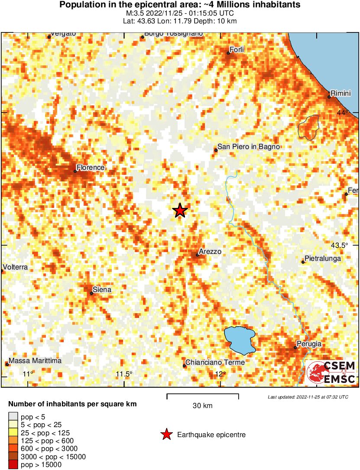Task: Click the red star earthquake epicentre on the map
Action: (180, 211)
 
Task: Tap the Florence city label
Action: (91, 167)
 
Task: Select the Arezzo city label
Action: (210, 251)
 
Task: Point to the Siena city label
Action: (102, 289)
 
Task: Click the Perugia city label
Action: (310, 344)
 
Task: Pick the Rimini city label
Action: (340, 93)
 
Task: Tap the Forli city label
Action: (237, 50)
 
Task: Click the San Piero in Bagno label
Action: (249, 147)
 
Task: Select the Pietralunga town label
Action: (323, 259)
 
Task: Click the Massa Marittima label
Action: (35, 360)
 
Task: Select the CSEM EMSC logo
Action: (331, 373)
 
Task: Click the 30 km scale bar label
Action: (202, 406)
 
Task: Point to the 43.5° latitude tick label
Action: (340, 245)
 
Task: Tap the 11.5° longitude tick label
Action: (124, 374)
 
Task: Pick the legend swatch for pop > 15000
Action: (13, 465)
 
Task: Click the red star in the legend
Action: (166, 434)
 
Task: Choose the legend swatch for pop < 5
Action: (13, 416)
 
